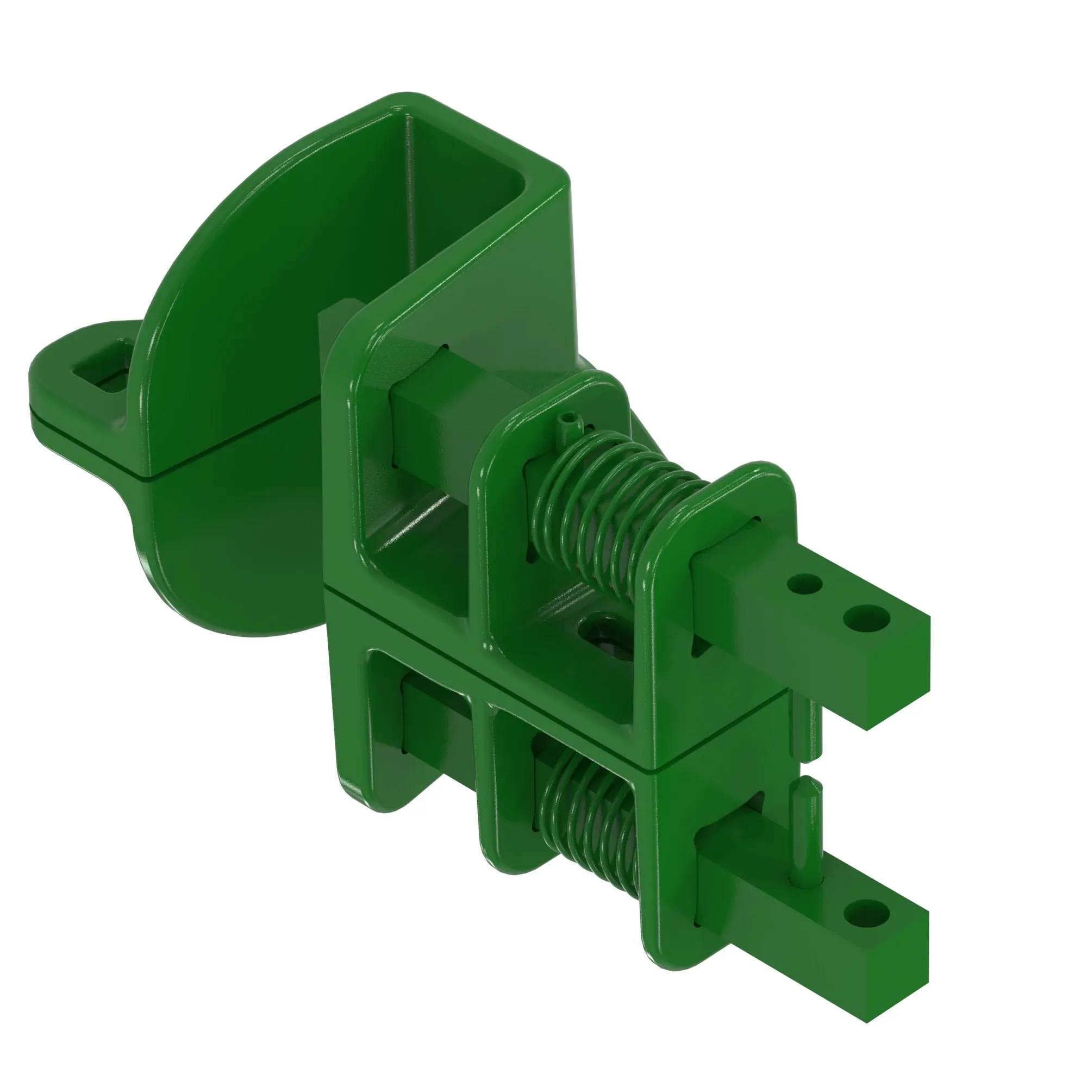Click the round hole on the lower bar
[866, 913]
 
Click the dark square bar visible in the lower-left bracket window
[433, 726]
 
